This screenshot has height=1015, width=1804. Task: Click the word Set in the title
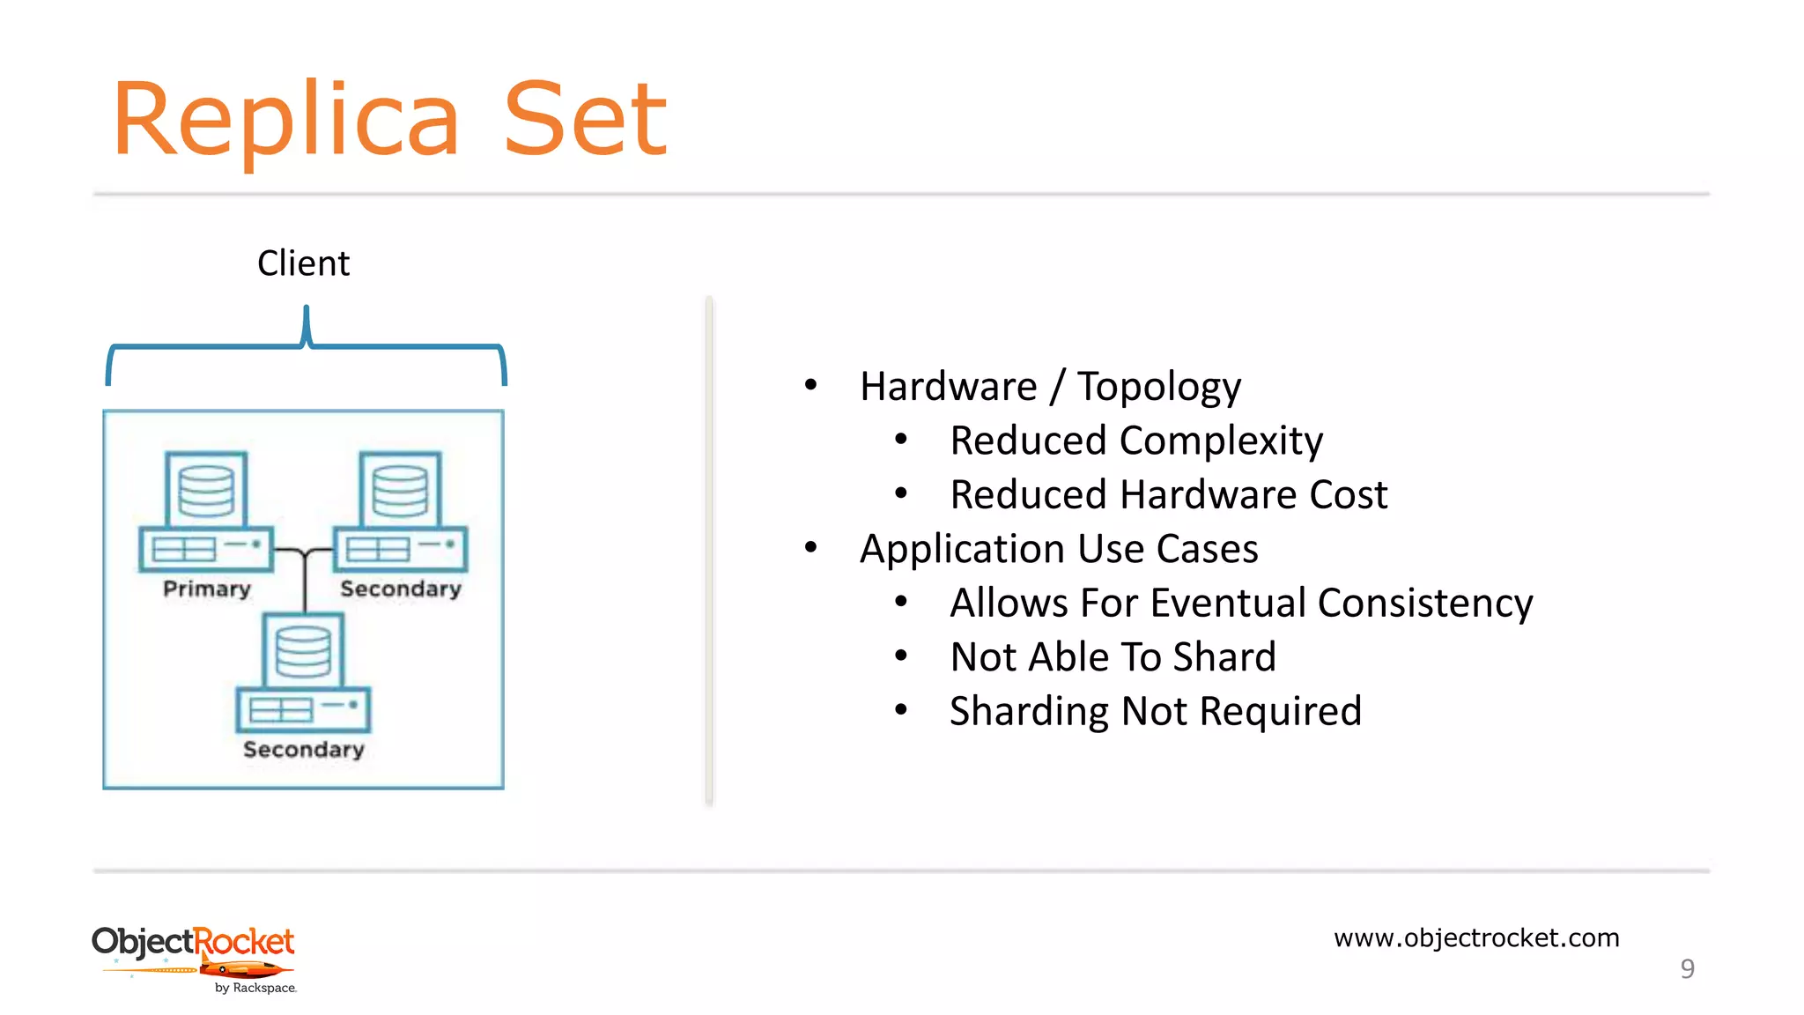point(585,121)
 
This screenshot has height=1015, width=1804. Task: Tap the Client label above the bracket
point(303,263)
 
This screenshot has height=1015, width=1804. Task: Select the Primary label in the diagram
point(207,589)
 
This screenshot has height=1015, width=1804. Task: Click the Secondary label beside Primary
point(401,589)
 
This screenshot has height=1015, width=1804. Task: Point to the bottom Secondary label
point(303,749)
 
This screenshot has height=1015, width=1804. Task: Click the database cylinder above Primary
point(206,490)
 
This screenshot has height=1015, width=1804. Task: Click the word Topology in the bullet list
point(1158,387)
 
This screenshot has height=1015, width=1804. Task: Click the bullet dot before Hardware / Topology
point(811,384)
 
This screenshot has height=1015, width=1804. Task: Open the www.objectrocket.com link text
point(1476,937)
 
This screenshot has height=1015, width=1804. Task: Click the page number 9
point(1687,968)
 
